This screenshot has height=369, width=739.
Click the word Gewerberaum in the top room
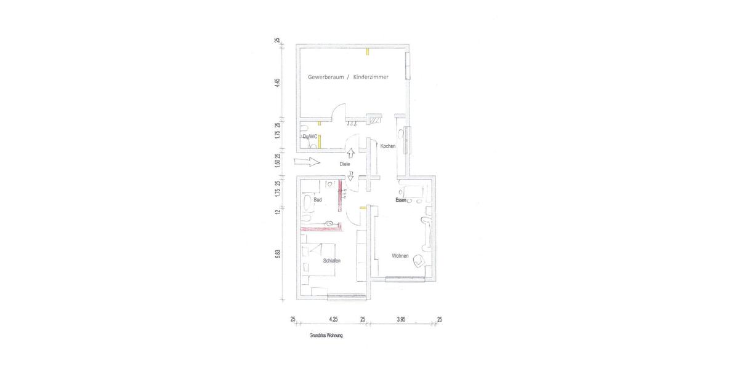[x=325, y=77]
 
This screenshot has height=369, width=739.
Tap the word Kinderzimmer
[x=371, y=77]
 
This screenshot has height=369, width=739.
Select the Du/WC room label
[x=310, y=137]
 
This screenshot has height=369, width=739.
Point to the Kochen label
[x=388, y=146]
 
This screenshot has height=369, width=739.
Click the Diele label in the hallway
[x=345, y=164]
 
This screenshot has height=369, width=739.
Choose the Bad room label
[x=318, y=200]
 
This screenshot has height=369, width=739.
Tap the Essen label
[x=401, y=200]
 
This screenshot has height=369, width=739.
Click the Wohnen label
[x=400, y=256]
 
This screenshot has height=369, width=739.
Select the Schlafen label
[x=332, y=261]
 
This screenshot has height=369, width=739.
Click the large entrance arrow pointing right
[x=307, y=162]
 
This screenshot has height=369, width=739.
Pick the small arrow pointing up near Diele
[x=350, y=153]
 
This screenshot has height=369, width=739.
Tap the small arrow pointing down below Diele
[x=350, y=176]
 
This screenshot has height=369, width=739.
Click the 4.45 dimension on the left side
[x=278, y=82]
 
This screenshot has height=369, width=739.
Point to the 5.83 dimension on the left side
[x=278, y=253]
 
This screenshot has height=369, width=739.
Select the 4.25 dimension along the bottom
[x=333, y=319]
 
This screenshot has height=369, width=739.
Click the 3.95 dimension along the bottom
[x=401, y=319]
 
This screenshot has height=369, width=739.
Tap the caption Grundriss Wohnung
[x=326, y=336]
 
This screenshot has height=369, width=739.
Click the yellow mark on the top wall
[x=367, y=51]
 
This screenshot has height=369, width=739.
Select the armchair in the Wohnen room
[x=419, y=261]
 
